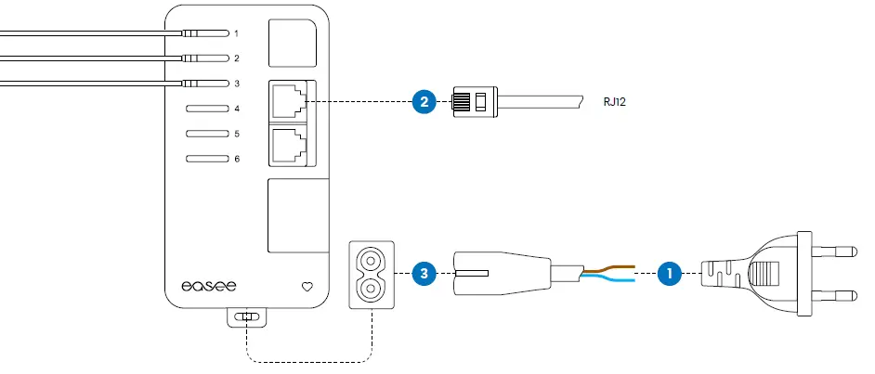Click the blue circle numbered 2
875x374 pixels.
(424, 101)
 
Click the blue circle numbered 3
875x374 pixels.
(424, 274)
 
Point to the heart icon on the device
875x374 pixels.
(308, 287)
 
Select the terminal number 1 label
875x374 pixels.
(237, 33)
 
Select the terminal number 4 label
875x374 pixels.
(237, 109)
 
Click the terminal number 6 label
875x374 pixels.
(237, 159)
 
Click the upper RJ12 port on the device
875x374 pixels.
(289, 101)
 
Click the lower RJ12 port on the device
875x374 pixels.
(289, 144)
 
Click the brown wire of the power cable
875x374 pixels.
(609, 268)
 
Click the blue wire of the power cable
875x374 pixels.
(609, 279)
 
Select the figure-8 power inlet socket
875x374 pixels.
(372, 274)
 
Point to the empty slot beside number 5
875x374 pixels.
(207, 134)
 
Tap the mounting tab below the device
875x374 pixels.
(246, 317)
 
